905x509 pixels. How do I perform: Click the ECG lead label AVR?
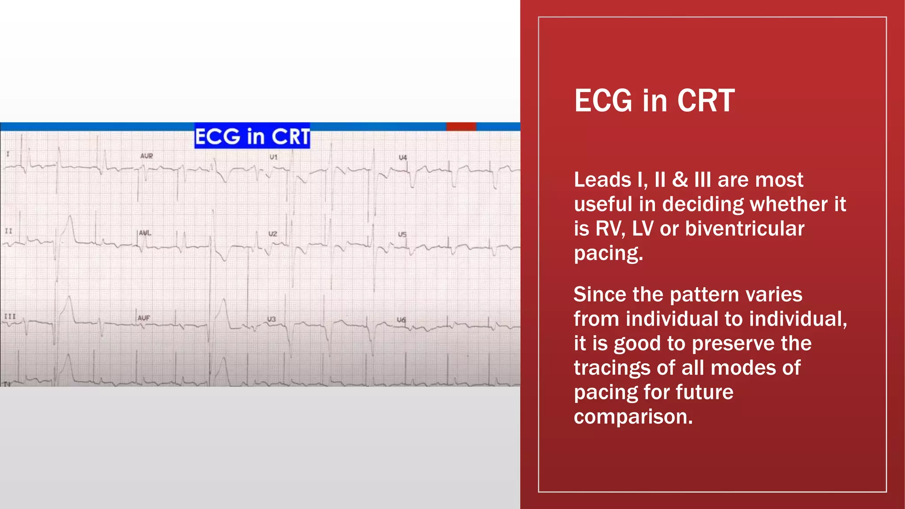tap(146, 156)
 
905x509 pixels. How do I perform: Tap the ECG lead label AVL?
tap(145, 233)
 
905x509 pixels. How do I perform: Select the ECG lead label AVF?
tap(144, 318)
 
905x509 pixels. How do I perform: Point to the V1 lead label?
tap(274, 157)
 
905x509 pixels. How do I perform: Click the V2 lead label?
tap(273, 234)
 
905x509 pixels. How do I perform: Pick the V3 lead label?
tap(271, 319)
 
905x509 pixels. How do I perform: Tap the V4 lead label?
tap(403, 157)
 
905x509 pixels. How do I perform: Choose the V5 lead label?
tap(402, 234)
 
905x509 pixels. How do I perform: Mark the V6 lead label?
tap(401, 319)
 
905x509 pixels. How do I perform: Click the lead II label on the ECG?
tap(8, 231)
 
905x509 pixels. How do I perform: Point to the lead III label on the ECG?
tap(10, 316)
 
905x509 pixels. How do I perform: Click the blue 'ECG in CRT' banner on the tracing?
tap(252, 136)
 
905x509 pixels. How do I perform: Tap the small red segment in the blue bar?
tap(461, 127)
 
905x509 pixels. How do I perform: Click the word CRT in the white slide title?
tap(706, 101)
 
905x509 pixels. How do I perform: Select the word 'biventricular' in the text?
tap(745, 229)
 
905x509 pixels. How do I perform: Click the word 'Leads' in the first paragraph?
tap(602, 180)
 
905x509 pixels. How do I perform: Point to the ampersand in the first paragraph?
tap(680, 180)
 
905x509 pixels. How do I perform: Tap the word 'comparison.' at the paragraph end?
tap(633, 417)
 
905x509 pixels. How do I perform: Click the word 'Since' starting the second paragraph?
tap(600, 294)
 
